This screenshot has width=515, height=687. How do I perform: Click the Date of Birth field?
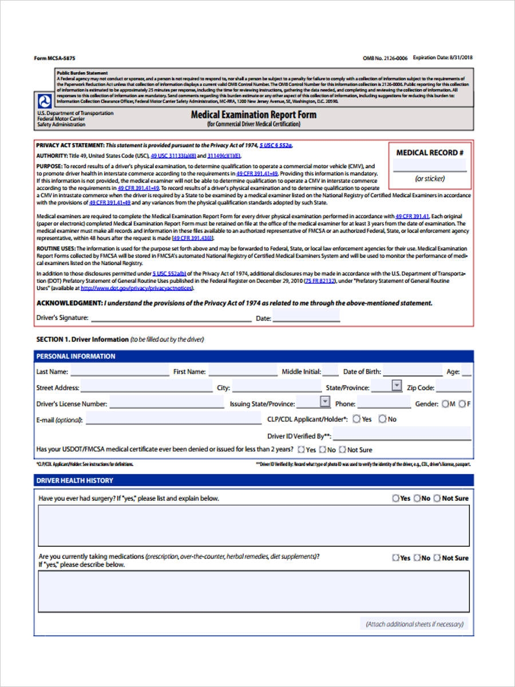[412, 372]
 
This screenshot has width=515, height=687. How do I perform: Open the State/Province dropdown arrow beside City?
[397, 386]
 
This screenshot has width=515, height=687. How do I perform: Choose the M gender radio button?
[445, 404]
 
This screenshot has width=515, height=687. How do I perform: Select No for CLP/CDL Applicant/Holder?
[382, 419]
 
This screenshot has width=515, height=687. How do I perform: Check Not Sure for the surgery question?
[437, 499]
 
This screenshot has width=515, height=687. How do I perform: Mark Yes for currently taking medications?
[395, 558]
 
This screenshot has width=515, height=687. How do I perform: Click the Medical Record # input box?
[429, 165]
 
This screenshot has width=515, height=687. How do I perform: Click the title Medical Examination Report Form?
[253, 114]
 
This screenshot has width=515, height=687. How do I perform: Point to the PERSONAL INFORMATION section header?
[76, 356]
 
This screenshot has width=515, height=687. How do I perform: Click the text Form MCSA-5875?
[54, 58]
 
